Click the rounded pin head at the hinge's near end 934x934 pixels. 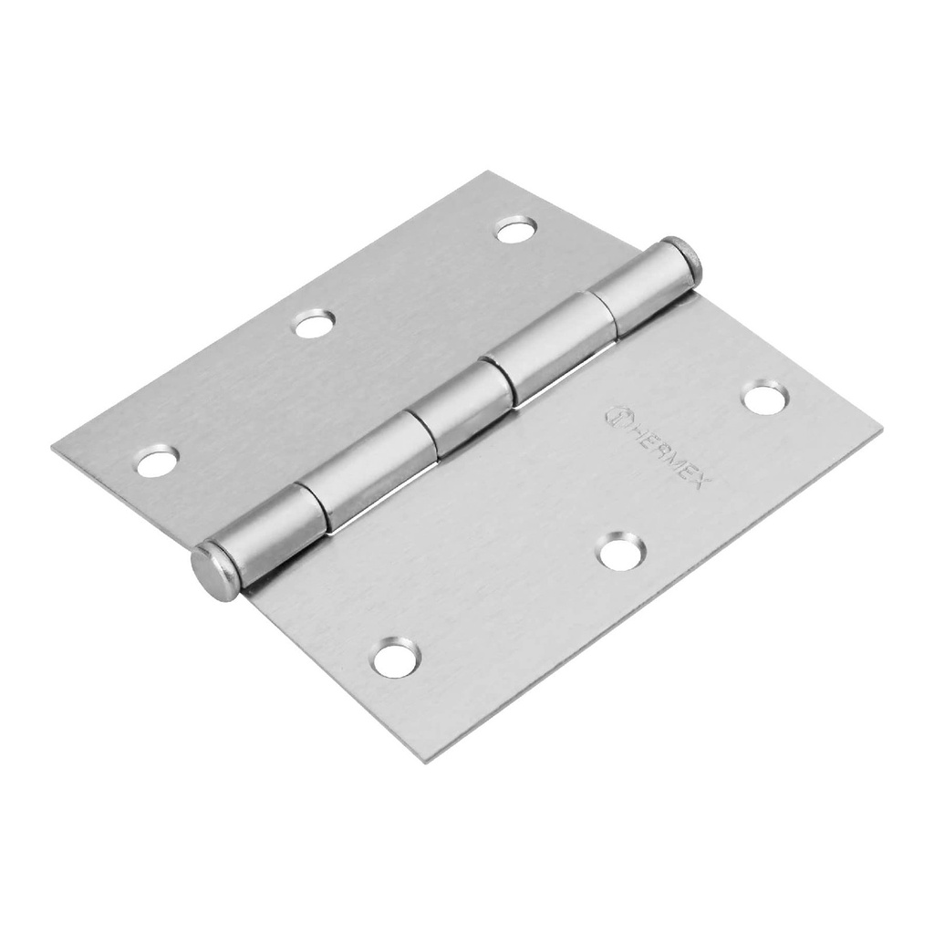[213, 572]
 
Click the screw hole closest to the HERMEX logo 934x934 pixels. [764, 399]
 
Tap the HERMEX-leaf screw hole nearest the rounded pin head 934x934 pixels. [396, 658]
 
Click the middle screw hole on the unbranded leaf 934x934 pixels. [315, 323]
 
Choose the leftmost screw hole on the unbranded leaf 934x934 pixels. [157, 462]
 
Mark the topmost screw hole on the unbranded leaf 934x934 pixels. [515, 229]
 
